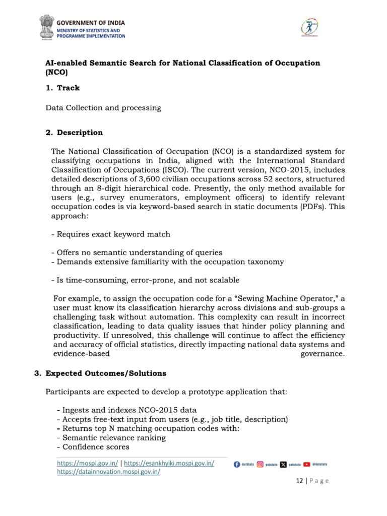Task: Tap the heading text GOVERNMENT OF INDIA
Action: [x=90, y=23]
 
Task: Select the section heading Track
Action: [x=68, y=88]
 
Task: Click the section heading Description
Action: [x=80, y=133]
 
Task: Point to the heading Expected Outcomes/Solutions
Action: [x=105, y=373]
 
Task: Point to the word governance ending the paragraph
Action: [x=322, y=354]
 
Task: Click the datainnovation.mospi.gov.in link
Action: [x=108, y=472]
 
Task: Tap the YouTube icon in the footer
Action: [x=306, y=464]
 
